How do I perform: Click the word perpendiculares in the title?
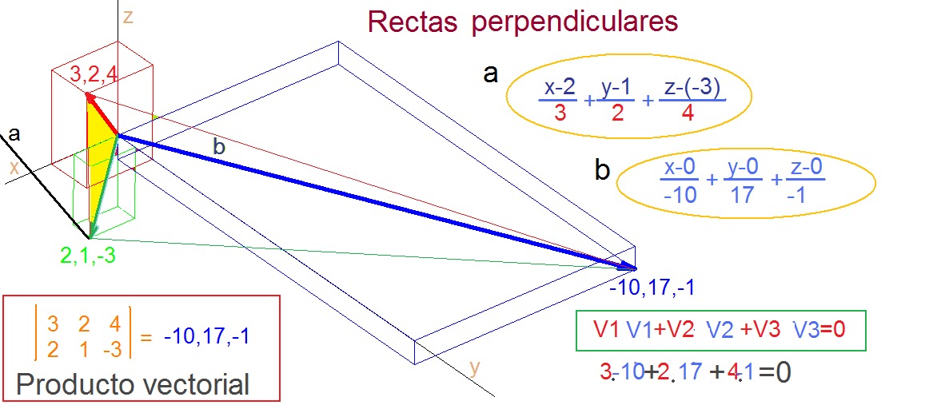(x=575, y=22)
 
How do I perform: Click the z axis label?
(x=128, y=15)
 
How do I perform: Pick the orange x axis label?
(x=14, y=168)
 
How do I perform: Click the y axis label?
(x=475, y=367)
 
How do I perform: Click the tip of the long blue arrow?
(x=635, y=268)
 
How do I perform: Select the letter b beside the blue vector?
(x=219, y=146)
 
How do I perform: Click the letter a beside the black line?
(x=14, y=135)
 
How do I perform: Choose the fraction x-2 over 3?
(x=560, y=101)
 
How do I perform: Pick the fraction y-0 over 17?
(x=743, y=181)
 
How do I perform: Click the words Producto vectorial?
(x=133, y=384)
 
